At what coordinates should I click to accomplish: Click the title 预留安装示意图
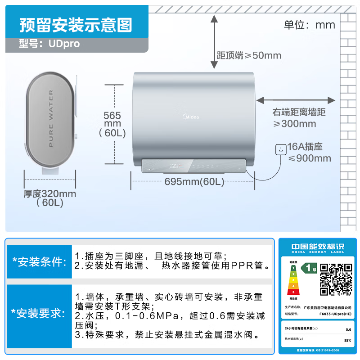point(76,25)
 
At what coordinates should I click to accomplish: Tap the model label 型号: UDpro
point(49,44)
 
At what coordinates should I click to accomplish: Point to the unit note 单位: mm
point(309,25)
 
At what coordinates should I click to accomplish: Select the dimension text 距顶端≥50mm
point(249,55)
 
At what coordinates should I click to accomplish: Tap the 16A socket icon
point(281,150)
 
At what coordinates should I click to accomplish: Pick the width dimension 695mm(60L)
point(194,182)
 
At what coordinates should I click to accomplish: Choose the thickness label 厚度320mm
point(50,194)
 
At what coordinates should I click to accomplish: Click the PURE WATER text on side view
point(50,119)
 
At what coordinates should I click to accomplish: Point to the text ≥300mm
point(295,124)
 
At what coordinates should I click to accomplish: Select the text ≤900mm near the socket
point(309,158)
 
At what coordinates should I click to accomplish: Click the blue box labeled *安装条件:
point(39,261)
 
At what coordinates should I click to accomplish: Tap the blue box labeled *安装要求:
point(39,313)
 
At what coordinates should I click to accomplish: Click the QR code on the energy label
point(336,279)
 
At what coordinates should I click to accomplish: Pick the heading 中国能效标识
point(317,247)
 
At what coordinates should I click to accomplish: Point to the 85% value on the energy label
point(347,340)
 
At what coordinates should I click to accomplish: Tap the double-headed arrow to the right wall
point(296,100)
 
